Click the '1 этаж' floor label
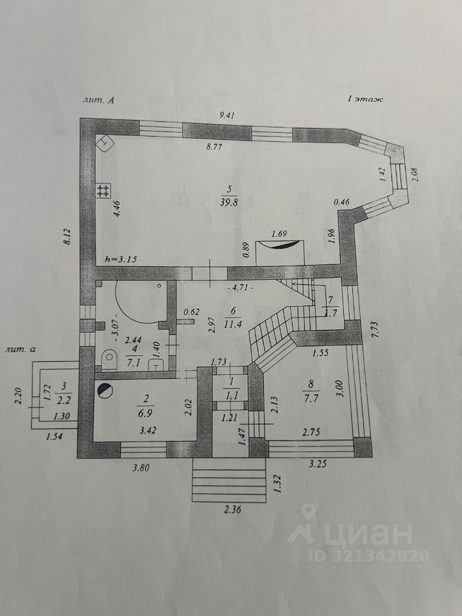364,99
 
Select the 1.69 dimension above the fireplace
278,234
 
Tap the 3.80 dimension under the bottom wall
140,468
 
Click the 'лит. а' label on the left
19,349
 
